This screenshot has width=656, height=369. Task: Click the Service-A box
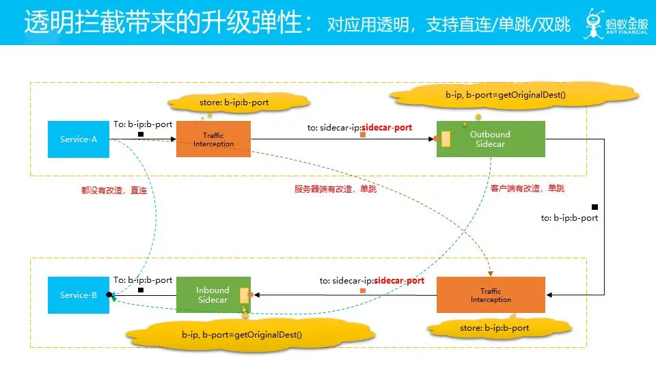pos(79,139)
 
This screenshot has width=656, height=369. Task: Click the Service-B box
pos(79,295)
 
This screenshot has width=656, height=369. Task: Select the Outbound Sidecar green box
pos(491,139)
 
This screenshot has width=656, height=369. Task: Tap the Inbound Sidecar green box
pos(213,295)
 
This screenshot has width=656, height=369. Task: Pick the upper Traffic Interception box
pos(213,139)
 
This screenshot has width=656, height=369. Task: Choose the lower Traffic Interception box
pos(491,295)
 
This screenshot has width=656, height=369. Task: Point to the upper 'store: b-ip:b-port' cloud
pos(234,102)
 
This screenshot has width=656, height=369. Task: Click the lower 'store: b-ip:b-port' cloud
pos(494,328)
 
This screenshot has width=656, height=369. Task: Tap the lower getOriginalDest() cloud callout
pos(242,335)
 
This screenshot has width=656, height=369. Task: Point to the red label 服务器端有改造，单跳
pos(336,189)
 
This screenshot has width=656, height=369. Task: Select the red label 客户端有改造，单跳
pos(528,188)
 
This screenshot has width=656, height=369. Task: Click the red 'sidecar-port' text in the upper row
pos(387,126)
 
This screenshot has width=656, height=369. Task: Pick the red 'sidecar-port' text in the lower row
pos(399,281)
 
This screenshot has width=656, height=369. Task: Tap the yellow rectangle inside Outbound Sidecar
pos(446,139)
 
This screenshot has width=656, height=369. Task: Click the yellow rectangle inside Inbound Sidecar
pos(243,295)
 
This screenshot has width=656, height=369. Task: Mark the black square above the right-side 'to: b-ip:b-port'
pos(594,206)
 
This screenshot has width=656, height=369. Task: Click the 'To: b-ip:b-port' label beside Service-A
pos(143,124)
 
